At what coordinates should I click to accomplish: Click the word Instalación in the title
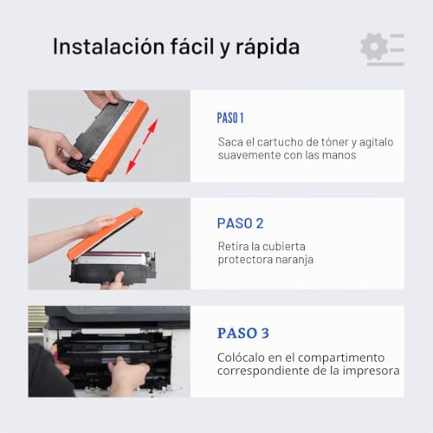click(x=108, y=46)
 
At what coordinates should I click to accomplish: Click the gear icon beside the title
click(x=374, y=47)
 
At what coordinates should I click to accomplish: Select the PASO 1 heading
click(x=230, y=118)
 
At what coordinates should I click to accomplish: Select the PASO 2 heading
click(x=240, y=223)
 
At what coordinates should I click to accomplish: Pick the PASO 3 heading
click(x=243, y=333)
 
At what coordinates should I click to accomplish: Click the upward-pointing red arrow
click(x=151, y=131)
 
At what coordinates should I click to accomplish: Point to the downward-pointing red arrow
click(x=133, y=162)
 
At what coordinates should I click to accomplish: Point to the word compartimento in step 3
click(x=341, y=358)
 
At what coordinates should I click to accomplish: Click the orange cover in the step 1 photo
click(x=119, y=140)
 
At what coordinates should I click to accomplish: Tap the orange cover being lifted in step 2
click(x=104, y=234)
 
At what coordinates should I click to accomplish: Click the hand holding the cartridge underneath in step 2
click(x=115, y=281)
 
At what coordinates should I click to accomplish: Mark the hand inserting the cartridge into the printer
click(x=127, y=375)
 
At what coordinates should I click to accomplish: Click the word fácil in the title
click(x=191, y=46)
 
